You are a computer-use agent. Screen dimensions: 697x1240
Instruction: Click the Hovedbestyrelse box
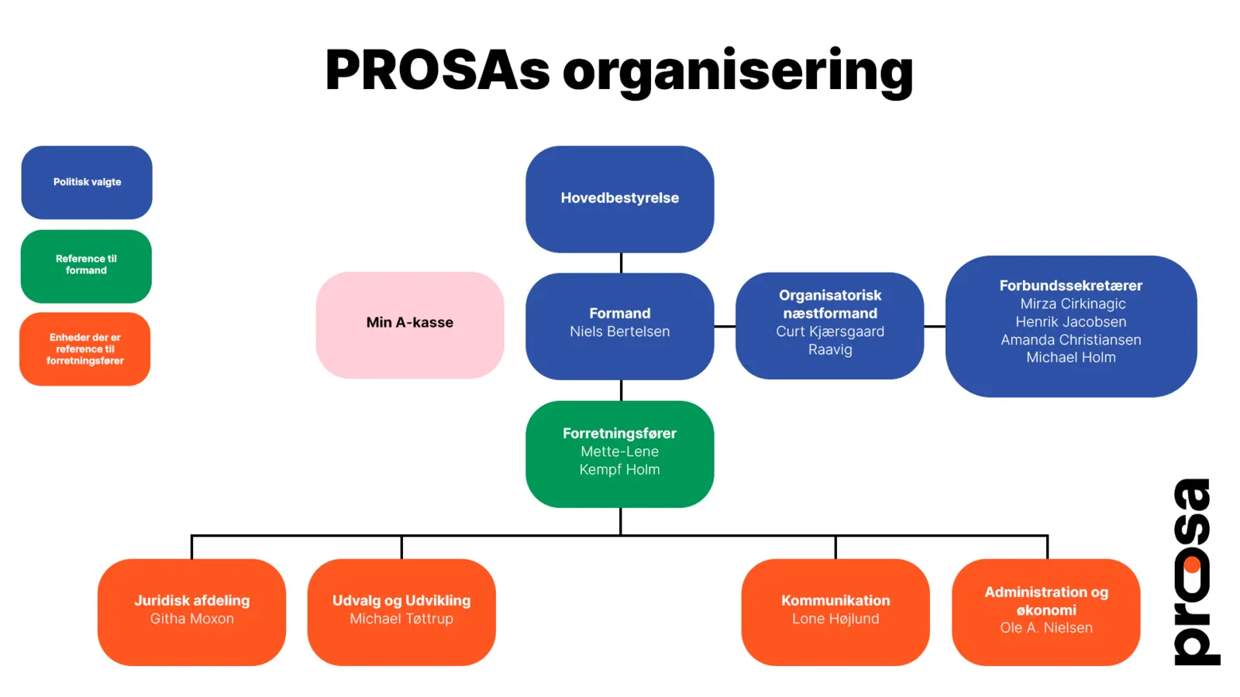coord(619,198)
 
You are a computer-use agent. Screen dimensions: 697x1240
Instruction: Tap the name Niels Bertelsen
coord(619,331)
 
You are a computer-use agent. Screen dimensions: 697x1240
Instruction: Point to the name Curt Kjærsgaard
coord(829,331)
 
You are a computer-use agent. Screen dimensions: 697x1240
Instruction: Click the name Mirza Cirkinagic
coord(1073,304)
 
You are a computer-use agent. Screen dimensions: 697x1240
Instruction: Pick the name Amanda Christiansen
coord(1070,339)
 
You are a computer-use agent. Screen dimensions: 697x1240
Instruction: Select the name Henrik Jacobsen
coord(1070,321)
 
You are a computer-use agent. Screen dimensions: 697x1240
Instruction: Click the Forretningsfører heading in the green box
coord(619,434)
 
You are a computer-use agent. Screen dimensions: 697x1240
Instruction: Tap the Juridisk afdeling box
coord(191,611)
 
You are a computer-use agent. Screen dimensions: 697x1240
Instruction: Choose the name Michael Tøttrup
coord(401,619)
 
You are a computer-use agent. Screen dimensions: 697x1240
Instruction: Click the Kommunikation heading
coord(835,600)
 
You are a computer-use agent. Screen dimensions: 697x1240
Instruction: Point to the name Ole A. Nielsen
coord(1046,627)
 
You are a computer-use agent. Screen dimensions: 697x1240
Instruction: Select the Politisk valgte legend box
coord(87,183)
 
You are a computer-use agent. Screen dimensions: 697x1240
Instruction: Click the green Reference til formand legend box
coord(86,266)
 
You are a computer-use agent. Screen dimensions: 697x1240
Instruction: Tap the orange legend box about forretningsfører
coord(85,349)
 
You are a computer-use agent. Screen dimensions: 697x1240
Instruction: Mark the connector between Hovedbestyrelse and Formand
coord(621,263)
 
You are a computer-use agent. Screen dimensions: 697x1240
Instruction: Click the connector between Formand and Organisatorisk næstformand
coord(725,327)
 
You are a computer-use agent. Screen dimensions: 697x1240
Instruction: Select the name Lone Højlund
coord(835,619)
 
